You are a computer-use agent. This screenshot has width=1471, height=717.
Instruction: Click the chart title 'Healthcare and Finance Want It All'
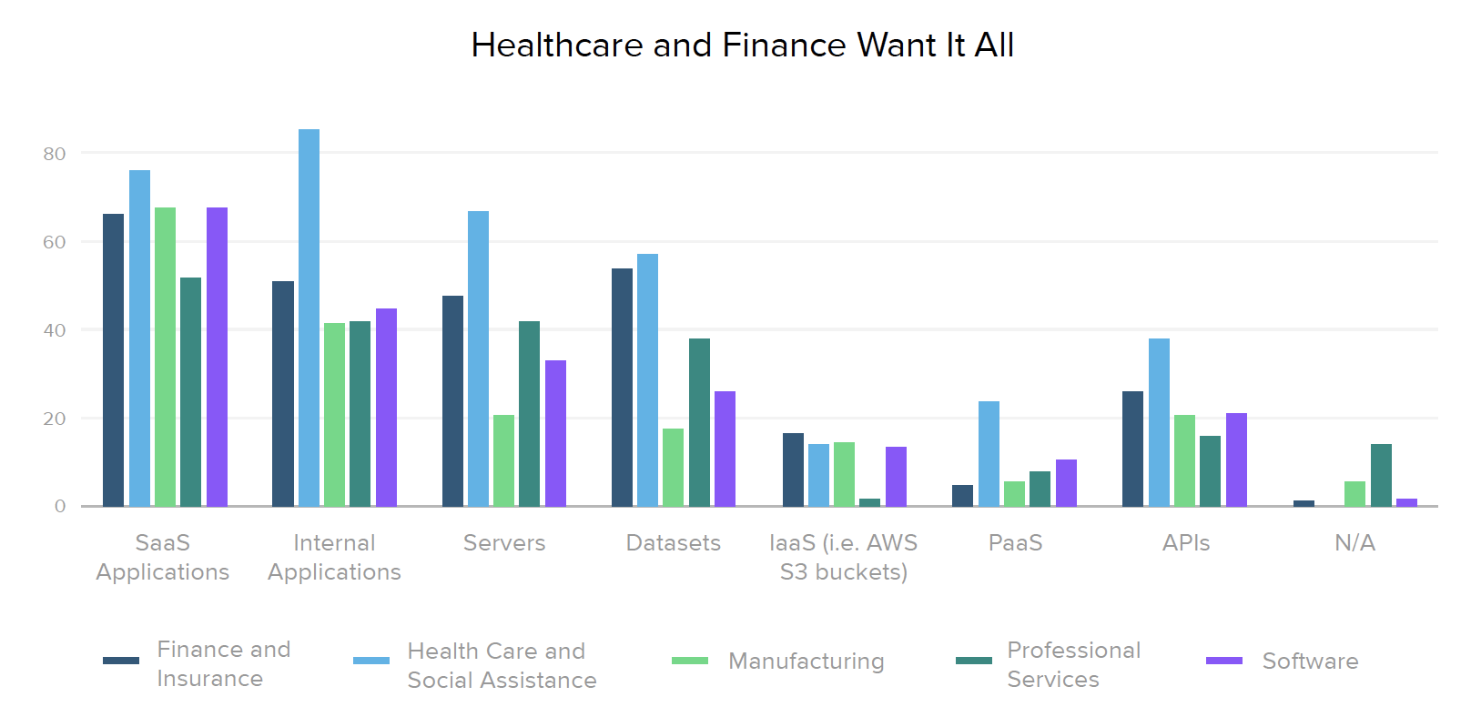pyautogui.click(x=742, y=45)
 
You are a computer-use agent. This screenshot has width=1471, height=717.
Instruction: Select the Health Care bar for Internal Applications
pyautogui.click(x=309, y=318)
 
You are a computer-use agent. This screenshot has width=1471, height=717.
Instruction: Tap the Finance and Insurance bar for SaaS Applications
pyautogui.click(x=113, y=359)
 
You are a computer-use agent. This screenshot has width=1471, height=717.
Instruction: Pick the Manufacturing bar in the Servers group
pyautogui.click(x=503, y=460)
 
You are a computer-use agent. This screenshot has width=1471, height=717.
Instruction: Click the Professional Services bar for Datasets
pyautogui.click(x=699, y=422)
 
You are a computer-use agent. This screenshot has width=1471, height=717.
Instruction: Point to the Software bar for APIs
pyautogui.click(x=1236, y=459)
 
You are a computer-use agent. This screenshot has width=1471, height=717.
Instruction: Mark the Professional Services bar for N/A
pyautogui.click(x=1381, y=475)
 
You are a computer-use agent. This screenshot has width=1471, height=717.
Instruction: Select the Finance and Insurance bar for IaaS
pyautogui.click(x=793, y=470)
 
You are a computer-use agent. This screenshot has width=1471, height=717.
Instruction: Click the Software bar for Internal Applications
pyautogui.click(x=386, y=407)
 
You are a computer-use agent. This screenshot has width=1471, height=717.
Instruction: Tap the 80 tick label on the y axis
pyautogui.click(x=55, y=154)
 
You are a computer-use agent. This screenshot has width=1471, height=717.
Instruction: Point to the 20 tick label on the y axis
pyautogui.click(x=55, y=419)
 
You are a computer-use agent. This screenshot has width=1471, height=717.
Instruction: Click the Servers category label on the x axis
pyautogui.click(x=504, y=543)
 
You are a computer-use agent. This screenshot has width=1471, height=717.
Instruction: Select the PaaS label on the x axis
pyautogui.click(x=1015, y=543)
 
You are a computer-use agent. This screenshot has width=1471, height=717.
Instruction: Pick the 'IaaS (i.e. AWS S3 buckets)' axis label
pyautogui.click(x=844, y=557)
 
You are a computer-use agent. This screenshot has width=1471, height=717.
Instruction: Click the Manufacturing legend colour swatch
pyautogui.click(x=689, y=661)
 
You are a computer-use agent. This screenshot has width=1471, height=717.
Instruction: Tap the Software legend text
pyautogui.click(x=1310, y=661)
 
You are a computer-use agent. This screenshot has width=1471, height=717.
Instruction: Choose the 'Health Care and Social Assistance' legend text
pyautogui.click(x=502, y=665)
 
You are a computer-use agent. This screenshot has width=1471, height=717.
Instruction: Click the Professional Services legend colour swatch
pyautogui.click(x=973, y=661)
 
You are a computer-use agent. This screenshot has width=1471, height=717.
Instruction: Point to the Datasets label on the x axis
pyautogui.click(x=674, y=543)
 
